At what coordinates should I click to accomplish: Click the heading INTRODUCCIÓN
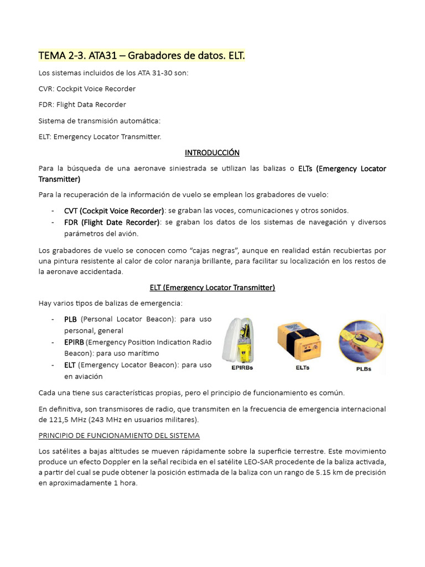point(212,152)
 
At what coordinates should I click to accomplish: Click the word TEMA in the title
point(51,55)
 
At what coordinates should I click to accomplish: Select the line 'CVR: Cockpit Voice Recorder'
point(87,89)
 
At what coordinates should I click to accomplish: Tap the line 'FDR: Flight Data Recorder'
point(82,105)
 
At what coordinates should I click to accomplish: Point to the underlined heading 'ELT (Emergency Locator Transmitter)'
point(212,287)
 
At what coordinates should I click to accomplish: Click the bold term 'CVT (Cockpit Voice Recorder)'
point(114,210)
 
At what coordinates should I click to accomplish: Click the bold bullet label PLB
point(70,319)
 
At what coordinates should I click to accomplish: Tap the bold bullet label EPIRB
point(74,342)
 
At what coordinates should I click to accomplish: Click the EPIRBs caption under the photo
point(240,367)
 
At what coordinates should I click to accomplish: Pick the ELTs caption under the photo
point(302,367)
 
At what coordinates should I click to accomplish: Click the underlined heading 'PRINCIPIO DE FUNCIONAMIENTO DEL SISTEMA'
point(119,436)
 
